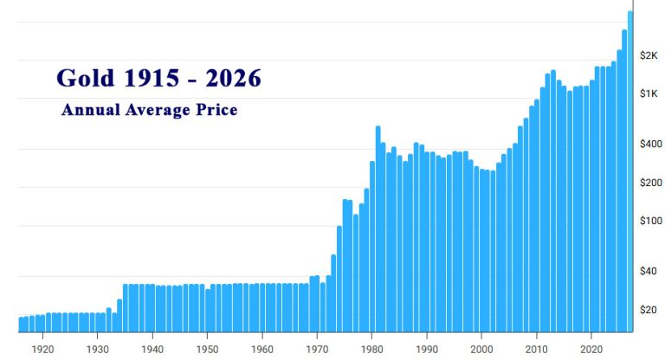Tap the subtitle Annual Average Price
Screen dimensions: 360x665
coord(149,110)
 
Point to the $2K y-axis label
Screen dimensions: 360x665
coord(649,55)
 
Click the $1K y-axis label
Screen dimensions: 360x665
coord(649,93)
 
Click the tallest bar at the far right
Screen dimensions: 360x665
coord(630,173)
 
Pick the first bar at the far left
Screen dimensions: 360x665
coord(21,325)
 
